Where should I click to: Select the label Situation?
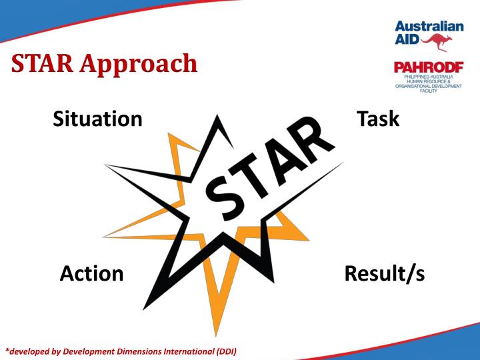point(97,119)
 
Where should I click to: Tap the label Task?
point(378,118)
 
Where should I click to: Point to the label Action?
point(91,273)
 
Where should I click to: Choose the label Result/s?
point(384,273)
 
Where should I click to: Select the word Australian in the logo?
point(429,27)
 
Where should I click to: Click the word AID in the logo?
point(407,41)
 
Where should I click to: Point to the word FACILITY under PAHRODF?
point(428,90)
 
